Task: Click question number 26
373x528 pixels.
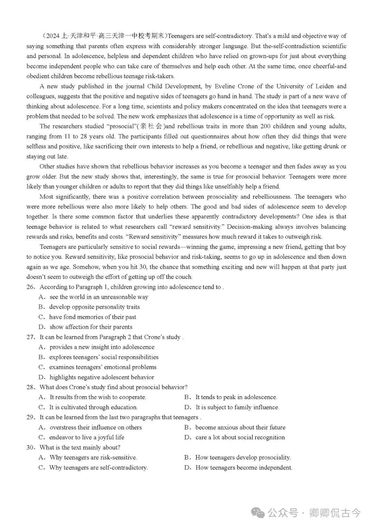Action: (30, 287)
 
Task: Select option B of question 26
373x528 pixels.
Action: (94, 307)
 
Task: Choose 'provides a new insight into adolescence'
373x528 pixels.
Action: (102, 347)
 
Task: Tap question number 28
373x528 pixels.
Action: (30, 387)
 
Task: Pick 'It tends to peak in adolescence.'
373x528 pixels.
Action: (236, 397)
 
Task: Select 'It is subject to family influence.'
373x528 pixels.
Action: (237, 407)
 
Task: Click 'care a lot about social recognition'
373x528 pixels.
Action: (240, 437)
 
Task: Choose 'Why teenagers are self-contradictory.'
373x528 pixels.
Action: (98, 467)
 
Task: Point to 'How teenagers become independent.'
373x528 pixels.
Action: (244, 467)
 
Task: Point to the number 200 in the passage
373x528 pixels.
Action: (265, 127)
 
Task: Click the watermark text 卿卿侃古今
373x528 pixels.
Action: (335, 513)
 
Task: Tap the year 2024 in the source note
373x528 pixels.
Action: (52, 36)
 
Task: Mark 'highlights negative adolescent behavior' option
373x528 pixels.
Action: (102, 377)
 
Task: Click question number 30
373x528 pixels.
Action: (30, 447)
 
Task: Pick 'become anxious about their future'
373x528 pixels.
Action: (240, 427)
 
